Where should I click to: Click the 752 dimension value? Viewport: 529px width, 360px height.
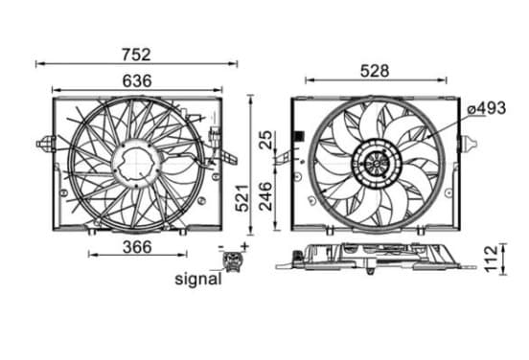136,55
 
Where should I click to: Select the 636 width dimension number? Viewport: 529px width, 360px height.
137,80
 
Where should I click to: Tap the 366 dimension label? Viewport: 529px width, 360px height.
137,247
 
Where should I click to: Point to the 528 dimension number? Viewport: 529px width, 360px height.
375,71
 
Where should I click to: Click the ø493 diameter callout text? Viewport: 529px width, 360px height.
486,108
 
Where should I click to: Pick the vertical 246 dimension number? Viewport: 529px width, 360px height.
265,196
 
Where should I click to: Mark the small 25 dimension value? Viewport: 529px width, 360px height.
266,140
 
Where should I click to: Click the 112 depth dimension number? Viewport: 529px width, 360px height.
492,259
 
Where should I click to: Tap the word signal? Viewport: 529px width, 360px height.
198,280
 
